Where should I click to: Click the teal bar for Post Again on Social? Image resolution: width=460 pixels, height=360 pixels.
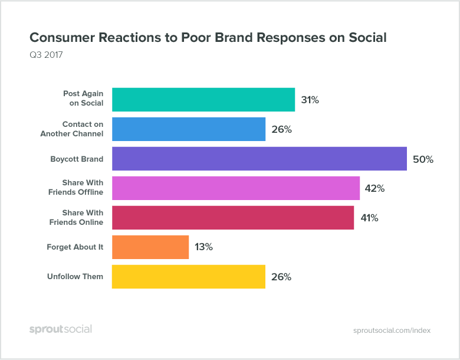coord(203,100)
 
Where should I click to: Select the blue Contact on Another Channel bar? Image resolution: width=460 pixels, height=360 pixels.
coord(188,129)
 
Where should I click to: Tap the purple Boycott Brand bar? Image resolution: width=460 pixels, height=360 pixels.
coord(259,159)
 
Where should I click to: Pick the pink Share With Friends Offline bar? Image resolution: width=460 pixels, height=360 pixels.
coord(235,188)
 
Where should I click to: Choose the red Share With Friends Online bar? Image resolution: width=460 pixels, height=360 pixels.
coord(232,218)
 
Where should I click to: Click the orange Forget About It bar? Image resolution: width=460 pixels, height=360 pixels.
coord(150,247)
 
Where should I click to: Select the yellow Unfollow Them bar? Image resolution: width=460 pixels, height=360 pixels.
coord(188,277)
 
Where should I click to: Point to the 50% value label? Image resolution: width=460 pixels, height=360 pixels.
coord(423,159)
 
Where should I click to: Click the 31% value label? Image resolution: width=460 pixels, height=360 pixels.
coord(310,100)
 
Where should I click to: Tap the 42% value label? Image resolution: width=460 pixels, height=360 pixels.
coord(375,189)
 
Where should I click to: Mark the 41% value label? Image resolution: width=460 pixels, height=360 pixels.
coord(369,218)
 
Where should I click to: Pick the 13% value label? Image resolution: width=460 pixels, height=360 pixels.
coord(203,247)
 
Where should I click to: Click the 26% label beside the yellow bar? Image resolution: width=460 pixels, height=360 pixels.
coord(281,277)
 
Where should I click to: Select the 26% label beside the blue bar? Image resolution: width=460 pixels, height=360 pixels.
coord(281,129)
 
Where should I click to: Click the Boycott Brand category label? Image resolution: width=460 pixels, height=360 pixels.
coord(77,159)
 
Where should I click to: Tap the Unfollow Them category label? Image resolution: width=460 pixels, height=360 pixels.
coord(75,277)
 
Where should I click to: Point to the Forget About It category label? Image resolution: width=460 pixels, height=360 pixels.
coord(75,247)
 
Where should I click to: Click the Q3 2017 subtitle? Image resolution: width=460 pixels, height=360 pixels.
coord(46,55)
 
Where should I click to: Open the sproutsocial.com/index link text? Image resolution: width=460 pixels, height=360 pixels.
coord(392,330)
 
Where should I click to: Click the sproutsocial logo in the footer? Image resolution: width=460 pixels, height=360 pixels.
coord(61,329)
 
